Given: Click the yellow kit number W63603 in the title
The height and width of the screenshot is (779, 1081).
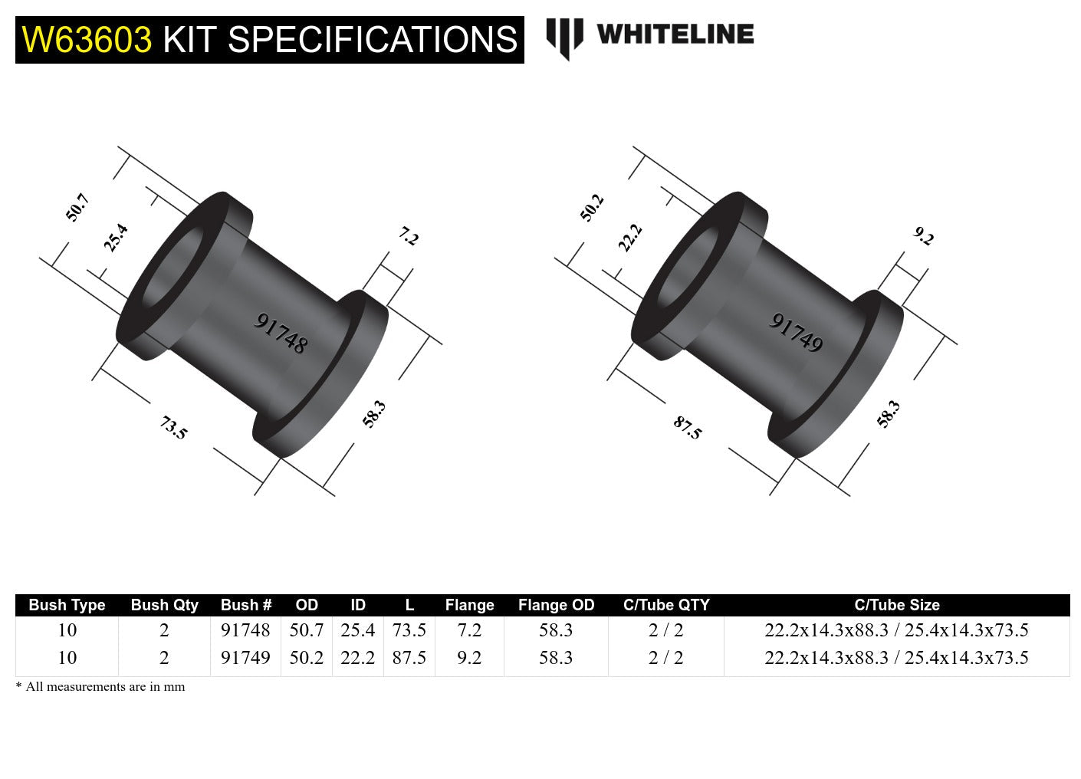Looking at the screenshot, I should pyautogui.click(x=87, y=40).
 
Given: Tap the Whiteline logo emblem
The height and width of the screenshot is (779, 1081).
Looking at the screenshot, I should pyautogui.click(x=564, y=38).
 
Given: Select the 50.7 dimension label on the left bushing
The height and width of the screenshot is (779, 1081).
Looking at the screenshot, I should pyautogui.click(x=77, y=208).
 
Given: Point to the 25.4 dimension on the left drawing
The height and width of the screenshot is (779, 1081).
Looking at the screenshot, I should pyautogui.click(x=116, y=238).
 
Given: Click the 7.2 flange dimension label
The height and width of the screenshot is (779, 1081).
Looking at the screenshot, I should pyautogui.click(x=409, y=237).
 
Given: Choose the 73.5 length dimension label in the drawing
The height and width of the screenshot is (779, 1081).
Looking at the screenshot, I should pyautogui.click(x=173, y=427).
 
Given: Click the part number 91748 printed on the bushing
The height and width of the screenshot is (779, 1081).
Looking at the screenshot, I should pyautogui.click(x=281, y=333).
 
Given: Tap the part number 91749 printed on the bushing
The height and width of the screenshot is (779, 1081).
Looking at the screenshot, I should pyautogui.click(x=796, y=333).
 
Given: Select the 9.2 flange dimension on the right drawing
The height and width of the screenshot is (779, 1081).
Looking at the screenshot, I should pyautogui.click(x=924, y=237).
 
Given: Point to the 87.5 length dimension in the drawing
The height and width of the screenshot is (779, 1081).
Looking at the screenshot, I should pyautogui.click(x=688, y=427).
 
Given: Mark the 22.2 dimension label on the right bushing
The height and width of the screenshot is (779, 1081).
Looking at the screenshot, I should pyautogui.click(x=630, y=238).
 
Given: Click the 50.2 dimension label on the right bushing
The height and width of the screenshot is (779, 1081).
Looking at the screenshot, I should pyautogui.click(x=592, y=208).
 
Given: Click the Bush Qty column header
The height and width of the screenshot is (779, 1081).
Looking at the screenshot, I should pyautogui.click(x=164, y=605).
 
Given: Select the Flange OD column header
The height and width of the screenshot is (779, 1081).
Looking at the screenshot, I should pyautogui.click(x=556, y=605).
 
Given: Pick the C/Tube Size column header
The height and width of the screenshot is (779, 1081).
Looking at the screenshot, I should pyautogui.click(x=896, y=605).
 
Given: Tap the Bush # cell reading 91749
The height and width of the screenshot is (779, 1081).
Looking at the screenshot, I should pyautogui.click(x=245, y=658).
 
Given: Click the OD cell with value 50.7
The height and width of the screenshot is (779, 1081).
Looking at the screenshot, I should pyautogui.click(x=306, y=630).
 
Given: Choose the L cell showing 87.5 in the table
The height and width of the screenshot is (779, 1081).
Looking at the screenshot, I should pyautogui.click(x=409, y=658).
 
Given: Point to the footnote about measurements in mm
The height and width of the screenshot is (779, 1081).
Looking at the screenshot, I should pyautogui.click(x=100, y=687).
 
